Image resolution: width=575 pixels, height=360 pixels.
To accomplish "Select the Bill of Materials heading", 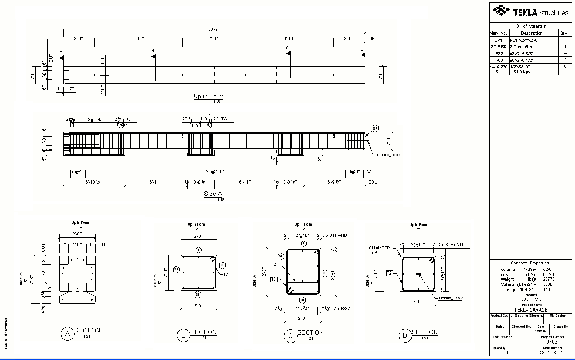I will pyautogui.click(x=531, y=26).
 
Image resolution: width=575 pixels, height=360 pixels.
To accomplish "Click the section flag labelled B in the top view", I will pyautogui.click(x=153, y=56).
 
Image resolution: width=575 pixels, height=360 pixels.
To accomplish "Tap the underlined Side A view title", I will pyautogui.click(x=213, y=194).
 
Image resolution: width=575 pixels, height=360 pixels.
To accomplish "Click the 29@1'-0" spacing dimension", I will pyautogui.click(x=214, y=172).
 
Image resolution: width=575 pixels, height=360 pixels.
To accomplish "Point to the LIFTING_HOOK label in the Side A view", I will pyautogui.click(x=388, y=155).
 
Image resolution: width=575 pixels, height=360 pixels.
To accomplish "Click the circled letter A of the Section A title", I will pyautogui.click(x=68, y=333).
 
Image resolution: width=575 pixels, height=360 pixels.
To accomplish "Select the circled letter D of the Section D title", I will pyautogui.click(x=405, y=335).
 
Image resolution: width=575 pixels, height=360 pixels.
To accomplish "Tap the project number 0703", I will pyautogui.click(x=552, y=342).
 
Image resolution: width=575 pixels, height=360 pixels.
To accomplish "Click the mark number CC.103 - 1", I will pyautogui.click(x=552, y=353).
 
